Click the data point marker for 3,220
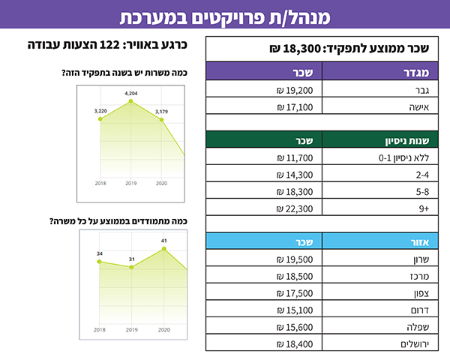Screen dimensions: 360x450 click(100, 119)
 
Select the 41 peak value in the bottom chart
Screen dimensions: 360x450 click(165, 241)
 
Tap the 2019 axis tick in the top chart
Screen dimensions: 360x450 click(131, 183)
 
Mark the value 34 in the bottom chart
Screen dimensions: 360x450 click(100, 253)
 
